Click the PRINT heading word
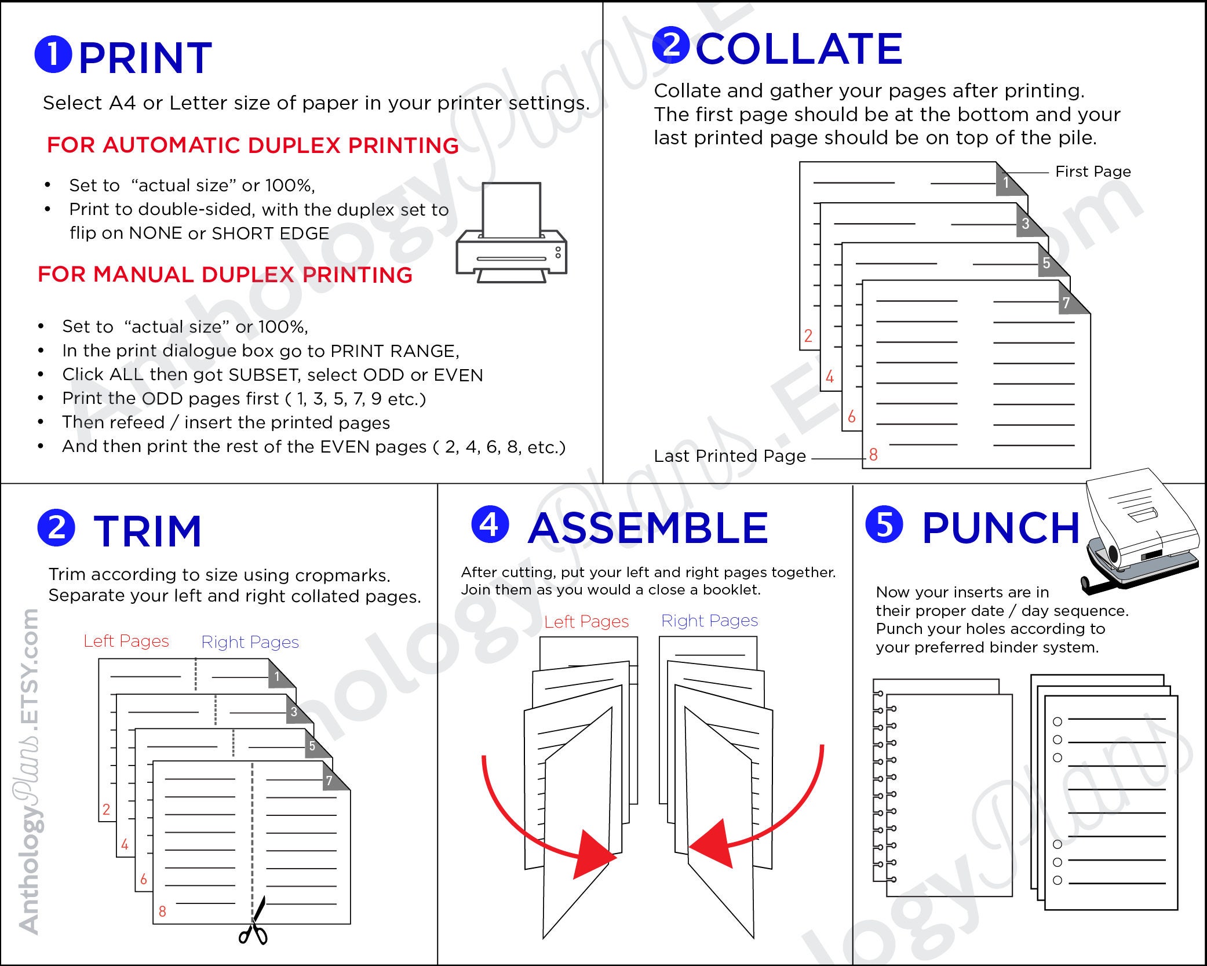[145, 58]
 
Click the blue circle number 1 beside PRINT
[53, 54]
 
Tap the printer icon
[511, 235]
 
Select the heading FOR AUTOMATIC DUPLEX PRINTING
[253, 145]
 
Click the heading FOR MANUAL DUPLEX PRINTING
[225, 275]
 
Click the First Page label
[1092, 172]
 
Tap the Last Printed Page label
[730, 456]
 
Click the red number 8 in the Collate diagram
[873, 455]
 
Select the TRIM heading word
[147, 531]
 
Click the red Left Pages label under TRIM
[126, 641]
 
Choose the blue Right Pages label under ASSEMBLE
[709, 621]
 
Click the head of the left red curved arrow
[594, 855]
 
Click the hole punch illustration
[1139, 533]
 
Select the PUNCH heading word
[1001, 528]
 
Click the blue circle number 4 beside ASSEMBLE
[490, 524]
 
